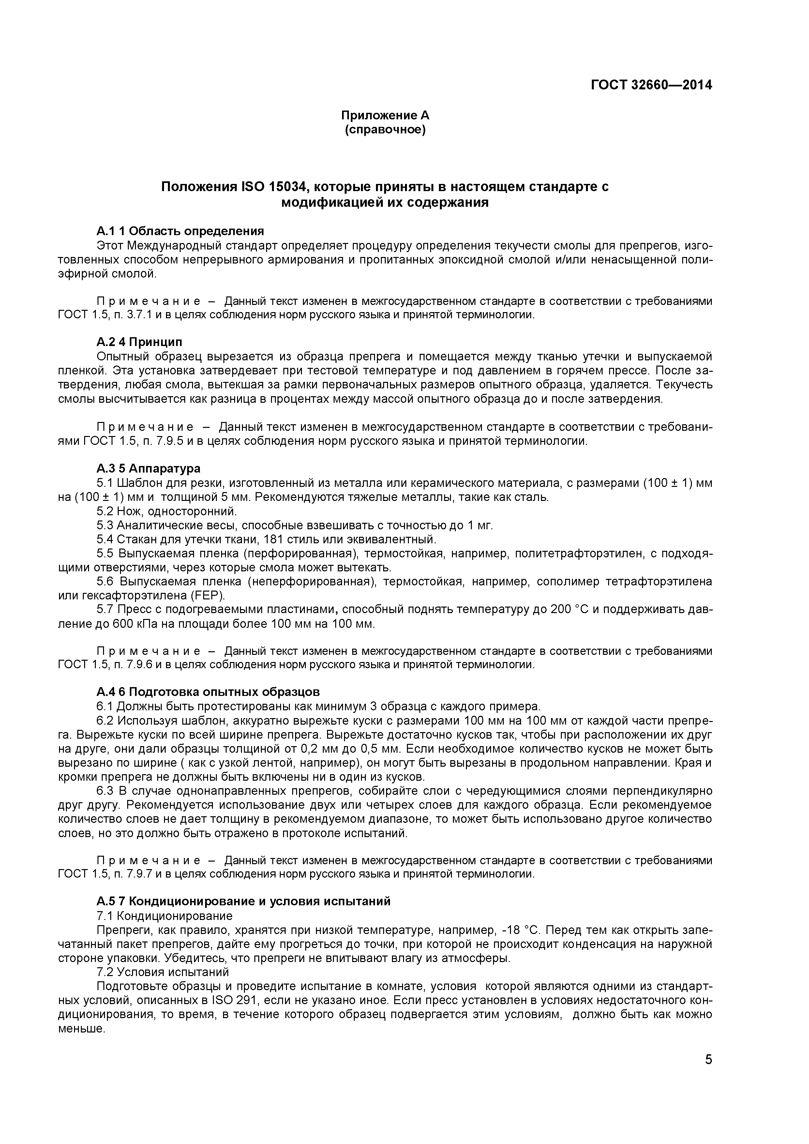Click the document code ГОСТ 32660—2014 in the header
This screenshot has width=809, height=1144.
pyautogui.click(x=652, y=85)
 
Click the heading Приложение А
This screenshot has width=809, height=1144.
pyautogui.click(x=385, y=115)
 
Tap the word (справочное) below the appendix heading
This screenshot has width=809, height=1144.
pyautogui.click(x=385, y=130)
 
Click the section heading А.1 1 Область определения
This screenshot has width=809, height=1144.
pyautogui.click(x=180, y=231)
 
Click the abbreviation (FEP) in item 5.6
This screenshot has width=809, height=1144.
pyautogui.click(x=213, y=596)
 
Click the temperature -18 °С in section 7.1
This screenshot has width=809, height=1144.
pyautogui.click(x=520, y=930)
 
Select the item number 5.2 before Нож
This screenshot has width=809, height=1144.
pyautogui.click(x=105, y=512)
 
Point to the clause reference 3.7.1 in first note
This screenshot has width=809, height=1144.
pyautogui.click(x=138, y=315)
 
